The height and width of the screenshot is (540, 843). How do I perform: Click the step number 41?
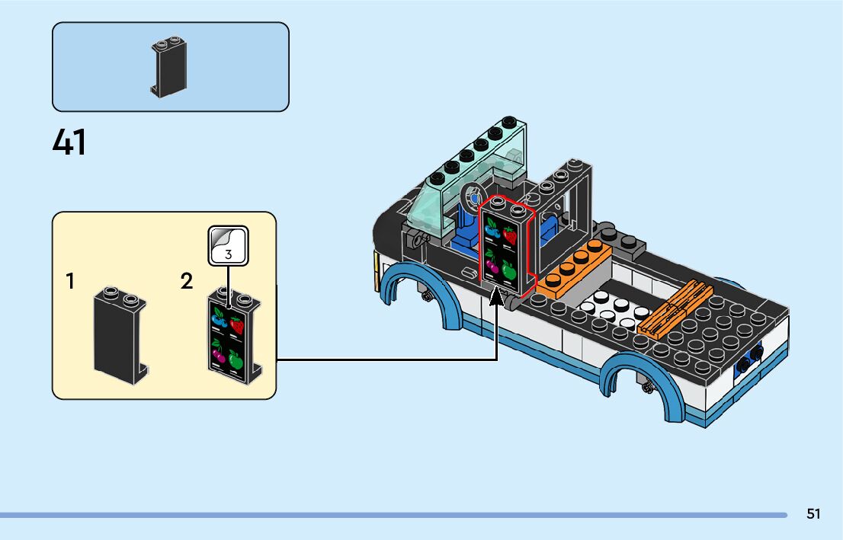point(69,142)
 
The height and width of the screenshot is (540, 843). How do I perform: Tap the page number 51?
point(813,514)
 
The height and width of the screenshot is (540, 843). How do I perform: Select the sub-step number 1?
point(70,281)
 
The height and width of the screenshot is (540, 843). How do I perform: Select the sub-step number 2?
point(187,281)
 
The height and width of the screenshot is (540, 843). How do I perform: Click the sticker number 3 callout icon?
point(229,245)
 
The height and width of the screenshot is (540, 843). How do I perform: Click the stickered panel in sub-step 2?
point(235,336)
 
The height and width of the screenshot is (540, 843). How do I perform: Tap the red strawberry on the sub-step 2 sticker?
point(236,326)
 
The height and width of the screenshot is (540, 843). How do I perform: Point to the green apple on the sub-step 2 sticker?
point(236,359)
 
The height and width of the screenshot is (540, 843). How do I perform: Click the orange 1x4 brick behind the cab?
point(574,269)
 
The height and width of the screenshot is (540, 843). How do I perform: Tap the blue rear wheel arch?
point(643,385)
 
